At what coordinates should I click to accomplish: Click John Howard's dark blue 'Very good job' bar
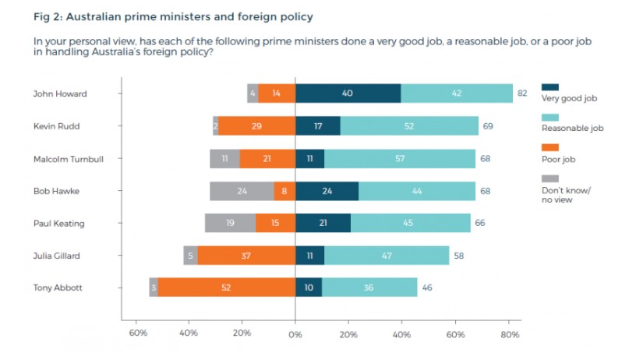pos(348,94)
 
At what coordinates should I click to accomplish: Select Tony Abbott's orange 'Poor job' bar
pos(227,288)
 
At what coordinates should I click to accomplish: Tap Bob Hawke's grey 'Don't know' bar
pos(242,191)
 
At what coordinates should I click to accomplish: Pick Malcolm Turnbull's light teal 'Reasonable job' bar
pos(400,159)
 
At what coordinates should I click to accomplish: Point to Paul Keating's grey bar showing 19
pos(231,224)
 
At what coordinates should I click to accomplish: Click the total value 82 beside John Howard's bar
pos(521,94)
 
